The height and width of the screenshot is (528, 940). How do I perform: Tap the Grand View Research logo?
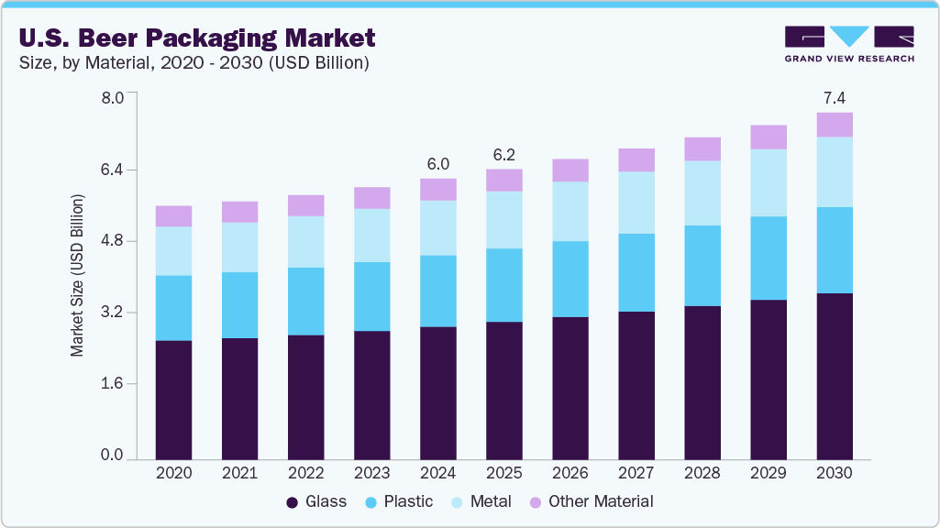click(x=848, y=43)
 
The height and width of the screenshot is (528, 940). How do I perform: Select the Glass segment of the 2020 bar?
click(x=173, y=399)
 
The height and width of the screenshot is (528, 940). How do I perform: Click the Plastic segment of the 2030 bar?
click(x=835, y=249)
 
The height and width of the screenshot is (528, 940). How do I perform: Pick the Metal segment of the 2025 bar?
click(x=504, y=219)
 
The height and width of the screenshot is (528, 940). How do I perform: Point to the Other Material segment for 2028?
click(x=702, y=148)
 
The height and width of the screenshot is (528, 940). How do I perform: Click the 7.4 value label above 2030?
click(x=835, y=97)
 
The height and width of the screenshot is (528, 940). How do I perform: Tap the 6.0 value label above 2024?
click(x=438, y=164)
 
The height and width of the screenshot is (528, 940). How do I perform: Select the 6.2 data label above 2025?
click(x=504, y=154)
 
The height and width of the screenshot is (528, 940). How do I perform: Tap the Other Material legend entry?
click(x=592, y=501)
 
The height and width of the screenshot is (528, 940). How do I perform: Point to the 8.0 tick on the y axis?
click(x=111, y=98)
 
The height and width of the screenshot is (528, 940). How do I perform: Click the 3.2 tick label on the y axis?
click(x=111, y=313)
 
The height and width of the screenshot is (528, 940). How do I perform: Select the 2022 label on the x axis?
click(x=305, y=473)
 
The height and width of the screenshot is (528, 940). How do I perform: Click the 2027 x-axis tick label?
click(x=636, y=473)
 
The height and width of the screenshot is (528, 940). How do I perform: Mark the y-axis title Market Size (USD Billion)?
click(x=78, y=275)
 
